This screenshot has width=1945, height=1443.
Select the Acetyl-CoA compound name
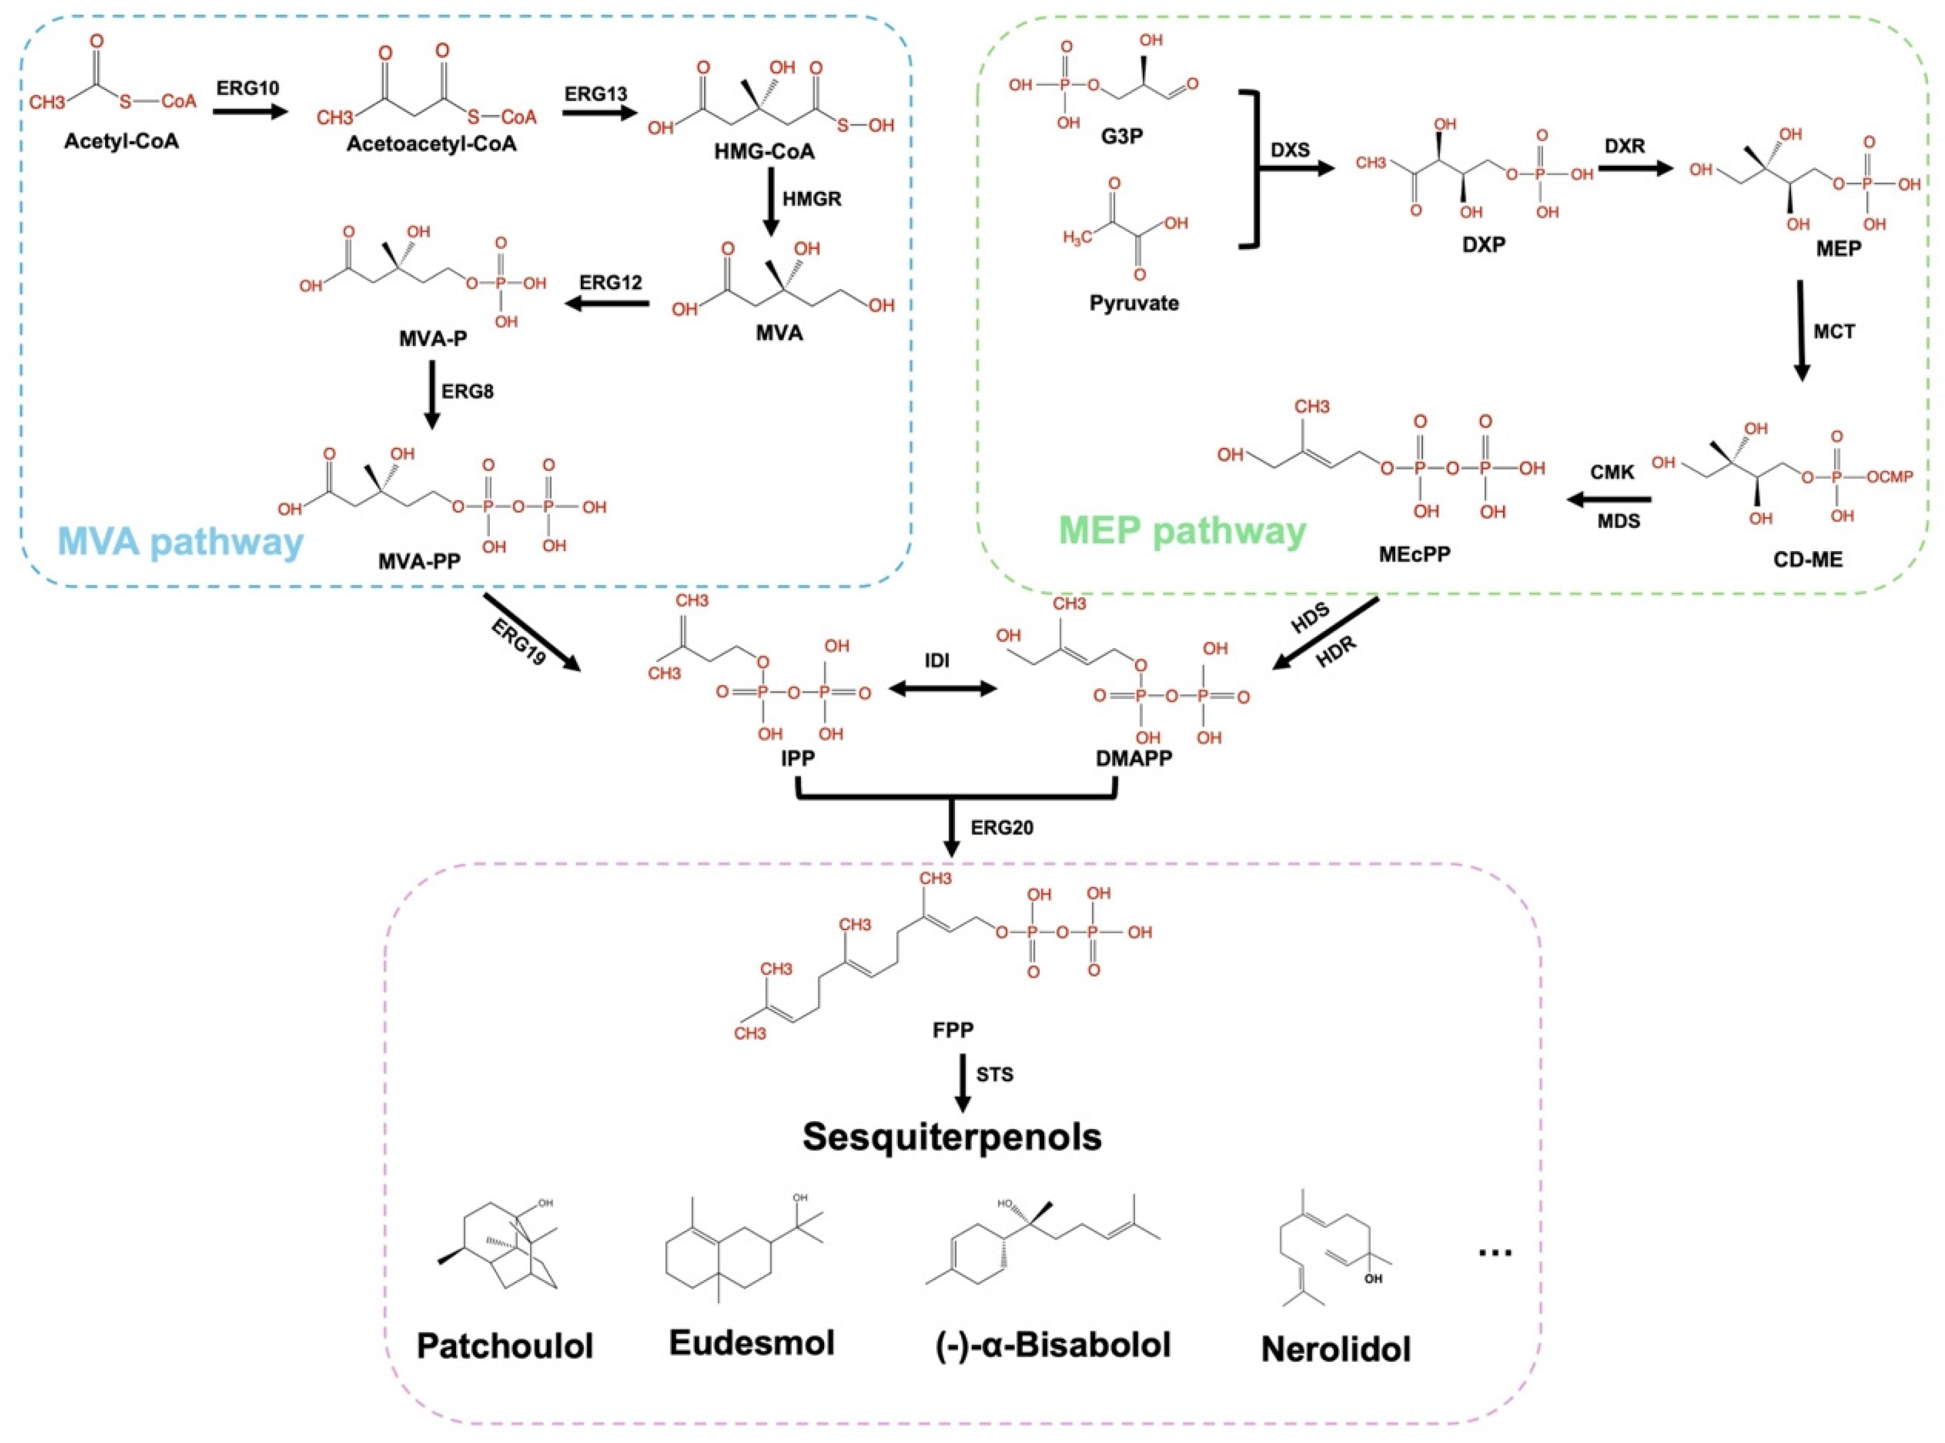pyautogui.click(x=121, y=141)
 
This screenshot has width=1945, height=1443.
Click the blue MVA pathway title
pyautogui.click(x=180, y=543)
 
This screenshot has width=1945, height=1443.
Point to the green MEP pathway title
pyautogui.click(x=1182, y=530)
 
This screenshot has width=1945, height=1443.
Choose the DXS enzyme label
pyautogui.click(x=1290, y=150)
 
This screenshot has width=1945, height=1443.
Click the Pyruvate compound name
pyautogui.click(x=1133, y=303)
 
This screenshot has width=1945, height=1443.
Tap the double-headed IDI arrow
pyautogui.click(x=943, y=689)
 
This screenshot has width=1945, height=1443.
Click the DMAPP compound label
pyautogui.click(x=1133, y=758)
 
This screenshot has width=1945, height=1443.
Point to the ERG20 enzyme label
pyautogui.click(x=1002, y=827)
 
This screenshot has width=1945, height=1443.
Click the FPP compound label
pyautogui.click(x=952, y=1030)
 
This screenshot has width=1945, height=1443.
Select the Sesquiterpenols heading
pyautogui.click(x=952, y=1136)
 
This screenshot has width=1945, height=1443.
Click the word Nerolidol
pyautogui.click(x=1335, y=1349)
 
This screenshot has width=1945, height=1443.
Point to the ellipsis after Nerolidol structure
pyautogui.click(x=1495, y=1252)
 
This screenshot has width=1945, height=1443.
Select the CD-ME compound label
pyautogui.click(x=1807, y=559)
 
